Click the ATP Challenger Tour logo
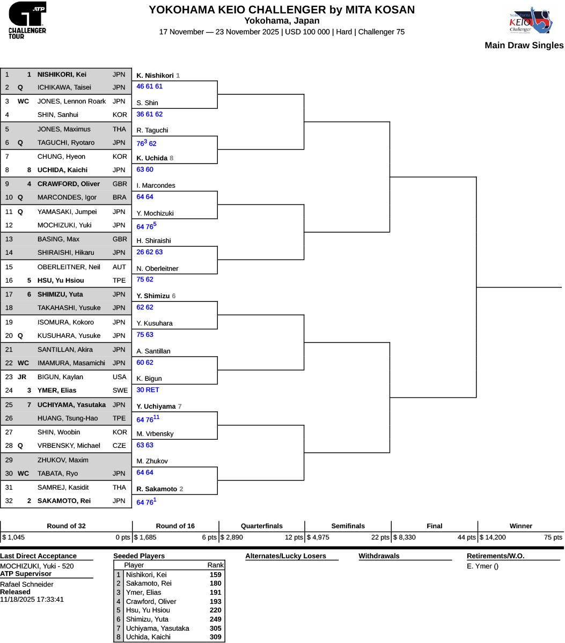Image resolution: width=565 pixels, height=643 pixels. pos(27,20)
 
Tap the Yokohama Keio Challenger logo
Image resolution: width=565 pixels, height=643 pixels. pos(531,20)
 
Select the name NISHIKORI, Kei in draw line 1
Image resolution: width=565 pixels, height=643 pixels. pos(62,75)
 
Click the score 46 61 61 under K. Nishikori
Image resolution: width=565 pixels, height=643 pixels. pos(149,86)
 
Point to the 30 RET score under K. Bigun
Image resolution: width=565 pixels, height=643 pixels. pos(148,390)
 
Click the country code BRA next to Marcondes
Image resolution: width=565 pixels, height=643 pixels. pos(120,197)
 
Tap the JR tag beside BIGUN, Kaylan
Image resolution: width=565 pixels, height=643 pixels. pos(22,377)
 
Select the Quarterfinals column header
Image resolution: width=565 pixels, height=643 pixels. pos(262,526)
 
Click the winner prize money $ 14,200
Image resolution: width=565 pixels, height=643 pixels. pos(493,537)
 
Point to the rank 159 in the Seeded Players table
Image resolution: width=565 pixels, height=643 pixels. pos(215,575)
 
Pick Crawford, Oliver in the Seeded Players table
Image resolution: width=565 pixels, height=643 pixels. pos(151,602)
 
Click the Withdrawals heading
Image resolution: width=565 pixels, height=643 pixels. pos(379,556)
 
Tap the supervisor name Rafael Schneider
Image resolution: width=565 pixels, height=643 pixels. pos(27,585)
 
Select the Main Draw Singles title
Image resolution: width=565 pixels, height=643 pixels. pos(524,46)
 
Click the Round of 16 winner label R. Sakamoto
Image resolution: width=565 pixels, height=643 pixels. pos(157,489)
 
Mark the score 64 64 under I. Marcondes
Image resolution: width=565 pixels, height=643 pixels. pos(145,197)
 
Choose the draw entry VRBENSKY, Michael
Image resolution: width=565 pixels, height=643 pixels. pos(69,446)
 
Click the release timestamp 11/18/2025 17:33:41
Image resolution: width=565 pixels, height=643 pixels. pos(32,600)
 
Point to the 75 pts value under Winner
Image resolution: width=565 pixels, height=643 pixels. pos(553,537)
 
